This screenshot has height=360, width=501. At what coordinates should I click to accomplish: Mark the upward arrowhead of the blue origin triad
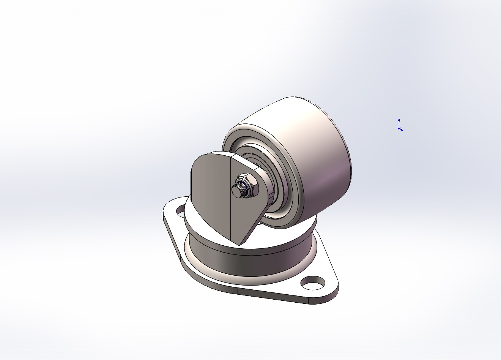coord(399,120)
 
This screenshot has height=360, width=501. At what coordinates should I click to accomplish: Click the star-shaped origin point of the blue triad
coord(399,129)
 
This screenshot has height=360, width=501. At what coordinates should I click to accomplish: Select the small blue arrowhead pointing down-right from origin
coord(402,130)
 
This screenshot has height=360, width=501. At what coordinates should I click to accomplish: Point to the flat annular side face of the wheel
coord(232,137)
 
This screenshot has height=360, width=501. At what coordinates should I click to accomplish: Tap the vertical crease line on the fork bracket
coord(231,197)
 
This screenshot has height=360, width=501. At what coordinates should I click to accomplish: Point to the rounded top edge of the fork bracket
coord(213,153)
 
